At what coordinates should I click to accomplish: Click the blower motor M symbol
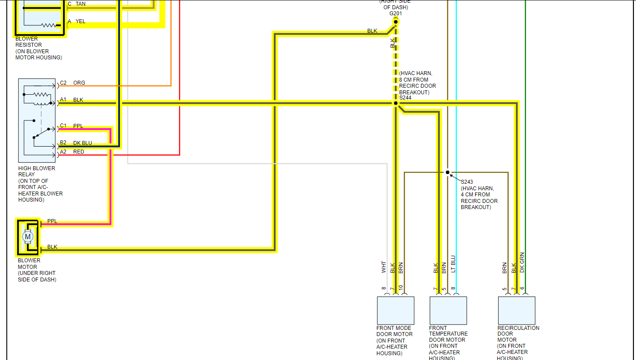28,237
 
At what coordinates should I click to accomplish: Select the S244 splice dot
396,103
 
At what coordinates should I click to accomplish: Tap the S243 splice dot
448,172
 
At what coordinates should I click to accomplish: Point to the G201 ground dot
396,22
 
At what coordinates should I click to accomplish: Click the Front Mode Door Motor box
395,310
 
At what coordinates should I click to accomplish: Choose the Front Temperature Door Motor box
448,310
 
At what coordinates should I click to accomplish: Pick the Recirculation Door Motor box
516,310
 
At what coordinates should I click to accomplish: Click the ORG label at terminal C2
79,83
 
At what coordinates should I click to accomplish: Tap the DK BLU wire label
82,143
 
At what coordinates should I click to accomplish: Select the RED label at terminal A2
79,152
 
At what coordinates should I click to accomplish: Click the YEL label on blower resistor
80,21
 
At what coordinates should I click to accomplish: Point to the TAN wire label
81,4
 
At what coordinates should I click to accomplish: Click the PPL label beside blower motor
52,221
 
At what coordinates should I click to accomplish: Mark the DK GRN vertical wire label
522,263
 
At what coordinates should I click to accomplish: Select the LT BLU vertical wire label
453,264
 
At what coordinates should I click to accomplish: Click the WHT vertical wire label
384,267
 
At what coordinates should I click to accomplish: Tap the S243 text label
467,182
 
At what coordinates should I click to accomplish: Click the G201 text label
396,14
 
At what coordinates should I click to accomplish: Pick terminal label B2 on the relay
63,143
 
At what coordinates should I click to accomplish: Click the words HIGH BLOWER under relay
37,168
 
